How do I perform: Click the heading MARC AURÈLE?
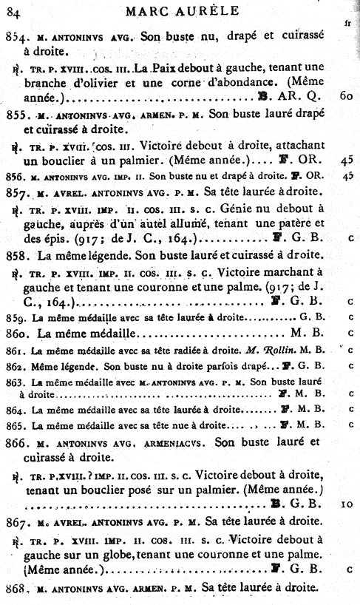(x=182, y=10)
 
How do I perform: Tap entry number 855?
(x=16, y=115)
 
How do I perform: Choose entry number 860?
(x=16, y=334)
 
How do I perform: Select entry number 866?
(x=17, y=442)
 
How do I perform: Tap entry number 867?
(x=17, y=521)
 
